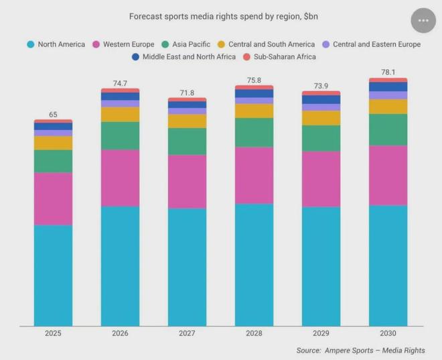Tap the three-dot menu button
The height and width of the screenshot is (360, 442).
pyautogui.click(x=423, y=21)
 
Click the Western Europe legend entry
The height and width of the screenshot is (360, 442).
pyautogui.click(x=123, y=44)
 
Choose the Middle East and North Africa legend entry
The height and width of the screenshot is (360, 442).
pyautogui.click(x=183, y=57)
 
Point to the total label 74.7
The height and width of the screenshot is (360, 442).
pyautogui.click(x=120, y=83)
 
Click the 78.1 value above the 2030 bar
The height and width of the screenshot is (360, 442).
pyautogui.click(x=388, y=72)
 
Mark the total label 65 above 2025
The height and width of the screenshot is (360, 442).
pyautogui.click(x=53, y=115)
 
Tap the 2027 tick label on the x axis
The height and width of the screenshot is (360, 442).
pyautogui.click(x=187, y=333)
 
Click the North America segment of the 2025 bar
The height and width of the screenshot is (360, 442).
pyautogui.click(x=53, y=275)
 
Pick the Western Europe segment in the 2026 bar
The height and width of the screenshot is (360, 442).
pyautogui.click(x=120, y=178)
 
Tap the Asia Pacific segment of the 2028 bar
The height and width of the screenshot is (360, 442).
pyautogui.click(x=254, y=132)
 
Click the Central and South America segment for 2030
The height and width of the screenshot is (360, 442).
pyautogui.click(x=388, y=107)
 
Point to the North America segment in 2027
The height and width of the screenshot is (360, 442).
pyautogui.click(x=187, y=267)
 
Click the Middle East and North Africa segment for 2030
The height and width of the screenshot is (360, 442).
pyautogui.click(x=388, y=86)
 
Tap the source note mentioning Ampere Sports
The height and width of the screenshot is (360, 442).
pyautogui.click(x=360, y=350)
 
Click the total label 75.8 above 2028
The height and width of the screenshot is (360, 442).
pyautogui.click(x=254, y=80)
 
